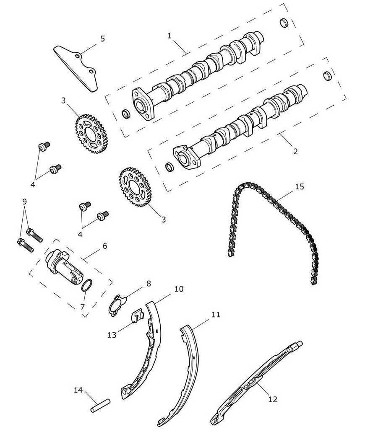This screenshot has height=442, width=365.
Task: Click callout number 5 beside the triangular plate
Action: (102, 39)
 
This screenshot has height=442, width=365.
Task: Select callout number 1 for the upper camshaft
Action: (169, 36)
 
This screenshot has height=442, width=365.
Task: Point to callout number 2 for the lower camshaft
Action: (295, 151)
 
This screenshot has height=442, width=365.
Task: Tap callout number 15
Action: (300, 186)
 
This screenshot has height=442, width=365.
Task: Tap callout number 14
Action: (78, 390)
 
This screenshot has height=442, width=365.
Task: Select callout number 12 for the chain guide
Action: (272, 399)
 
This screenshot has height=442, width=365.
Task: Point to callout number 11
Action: (216, 315)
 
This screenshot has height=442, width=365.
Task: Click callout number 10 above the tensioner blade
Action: (179, 289)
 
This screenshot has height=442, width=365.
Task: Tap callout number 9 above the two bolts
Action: (25, 202)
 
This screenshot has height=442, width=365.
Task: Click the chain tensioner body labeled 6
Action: (64, 266)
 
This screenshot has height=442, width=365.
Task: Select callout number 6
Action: (105, 246)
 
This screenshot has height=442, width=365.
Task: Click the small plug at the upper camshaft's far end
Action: (284, 23)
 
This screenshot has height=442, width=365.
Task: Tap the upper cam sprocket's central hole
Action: (90, 134)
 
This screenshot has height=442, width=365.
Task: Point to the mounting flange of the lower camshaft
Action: (187, 157)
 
